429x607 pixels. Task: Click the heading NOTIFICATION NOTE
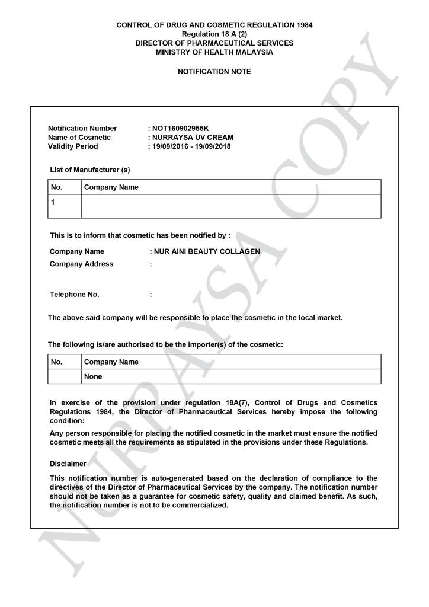tap(214, 72)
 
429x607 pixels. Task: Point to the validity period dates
tap(191, 146)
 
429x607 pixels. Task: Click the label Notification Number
tap(82, 129)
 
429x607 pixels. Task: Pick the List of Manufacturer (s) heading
tap(90, 170)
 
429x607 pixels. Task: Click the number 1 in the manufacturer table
tap(53, 202)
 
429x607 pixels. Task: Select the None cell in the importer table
tap(93, 376)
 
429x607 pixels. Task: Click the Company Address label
tap(81, 264)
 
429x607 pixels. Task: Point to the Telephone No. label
tap(75, 295)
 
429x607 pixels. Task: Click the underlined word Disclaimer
tap(68, 464)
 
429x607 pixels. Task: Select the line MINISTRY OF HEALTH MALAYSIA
tap(214, 52)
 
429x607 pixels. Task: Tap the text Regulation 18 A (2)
tap(214, 34)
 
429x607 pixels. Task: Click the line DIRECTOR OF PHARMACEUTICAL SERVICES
tap(214, 43)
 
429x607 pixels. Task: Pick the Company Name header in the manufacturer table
tap(111, 187)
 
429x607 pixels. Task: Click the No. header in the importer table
tap(57, 362)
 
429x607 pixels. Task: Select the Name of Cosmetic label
tap(79, 138)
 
